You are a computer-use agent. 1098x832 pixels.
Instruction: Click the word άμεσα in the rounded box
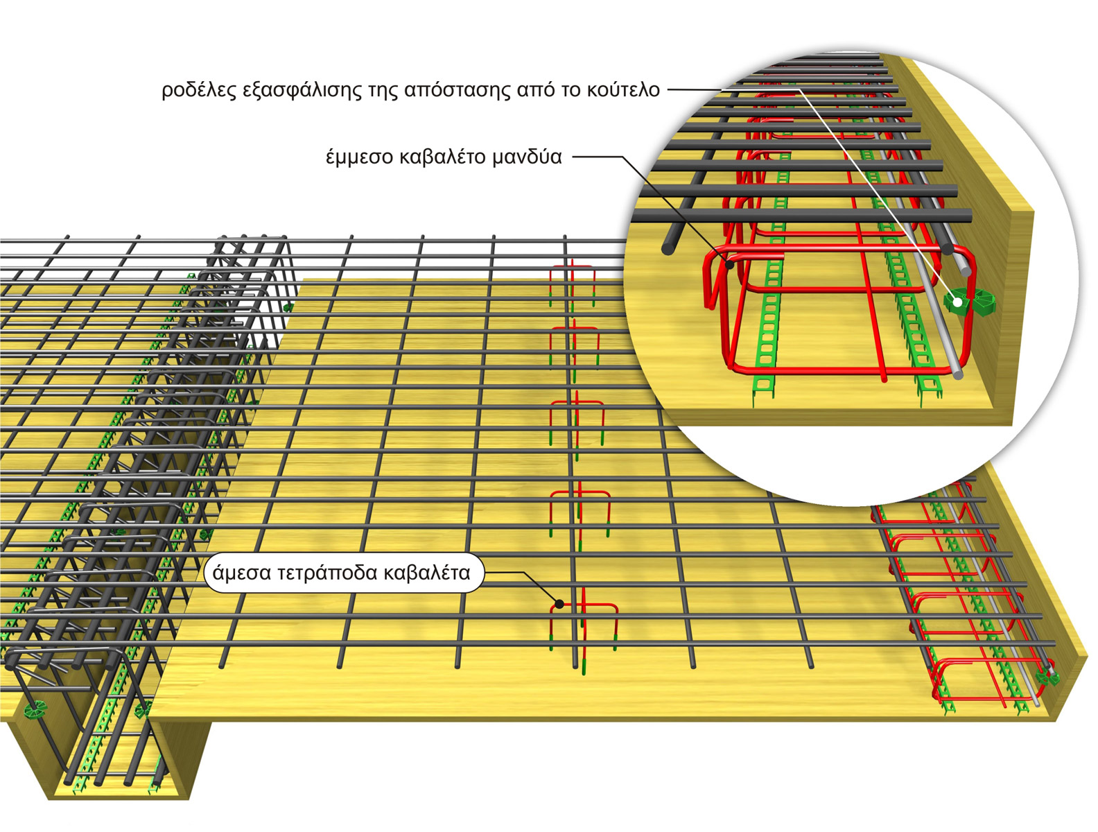tap(241, 573)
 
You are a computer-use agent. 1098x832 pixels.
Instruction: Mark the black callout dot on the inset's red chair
tap(730, 263)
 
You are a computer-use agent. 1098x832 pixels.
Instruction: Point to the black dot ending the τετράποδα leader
tap(559, 605)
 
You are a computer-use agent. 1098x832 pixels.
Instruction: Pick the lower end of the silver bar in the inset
tap(958, 375)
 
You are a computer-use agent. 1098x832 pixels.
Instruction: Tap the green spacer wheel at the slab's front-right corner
tap(1046, 676)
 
